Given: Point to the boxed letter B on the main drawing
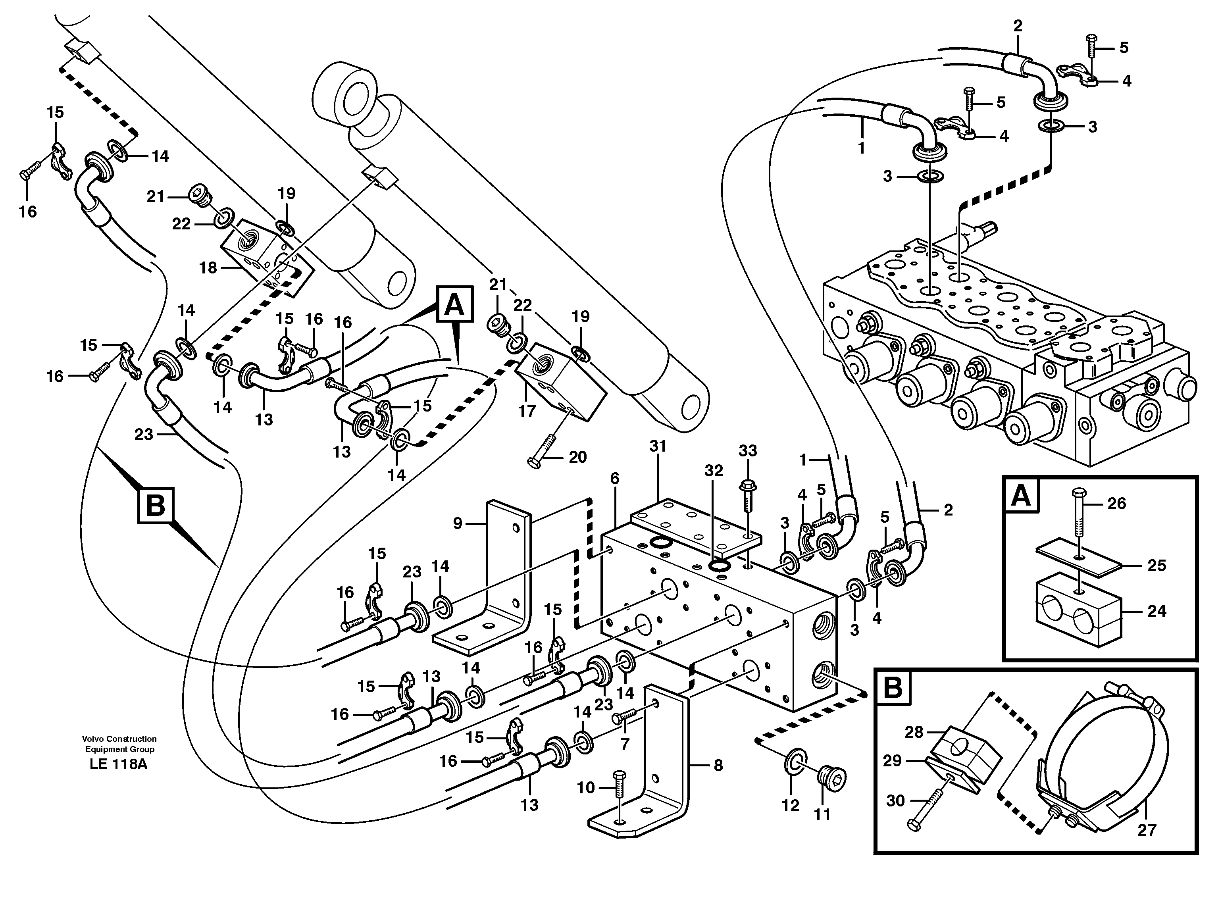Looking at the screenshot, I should [x=155, y=504].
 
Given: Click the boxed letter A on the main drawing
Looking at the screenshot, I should [x=454, y=304].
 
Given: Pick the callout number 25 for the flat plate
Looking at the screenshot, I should [x=1156, y=565].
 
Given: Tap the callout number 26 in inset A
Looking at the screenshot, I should [x=1116, y=504].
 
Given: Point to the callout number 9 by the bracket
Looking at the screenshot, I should [x=458, y=523].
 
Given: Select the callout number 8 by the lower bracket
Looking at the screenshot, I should [x=718, y=765].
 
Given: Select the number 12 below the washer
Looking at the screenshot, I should [x=791, y=805].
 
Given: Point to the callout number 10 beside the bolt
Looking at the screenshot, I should [x=586, y=788].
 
